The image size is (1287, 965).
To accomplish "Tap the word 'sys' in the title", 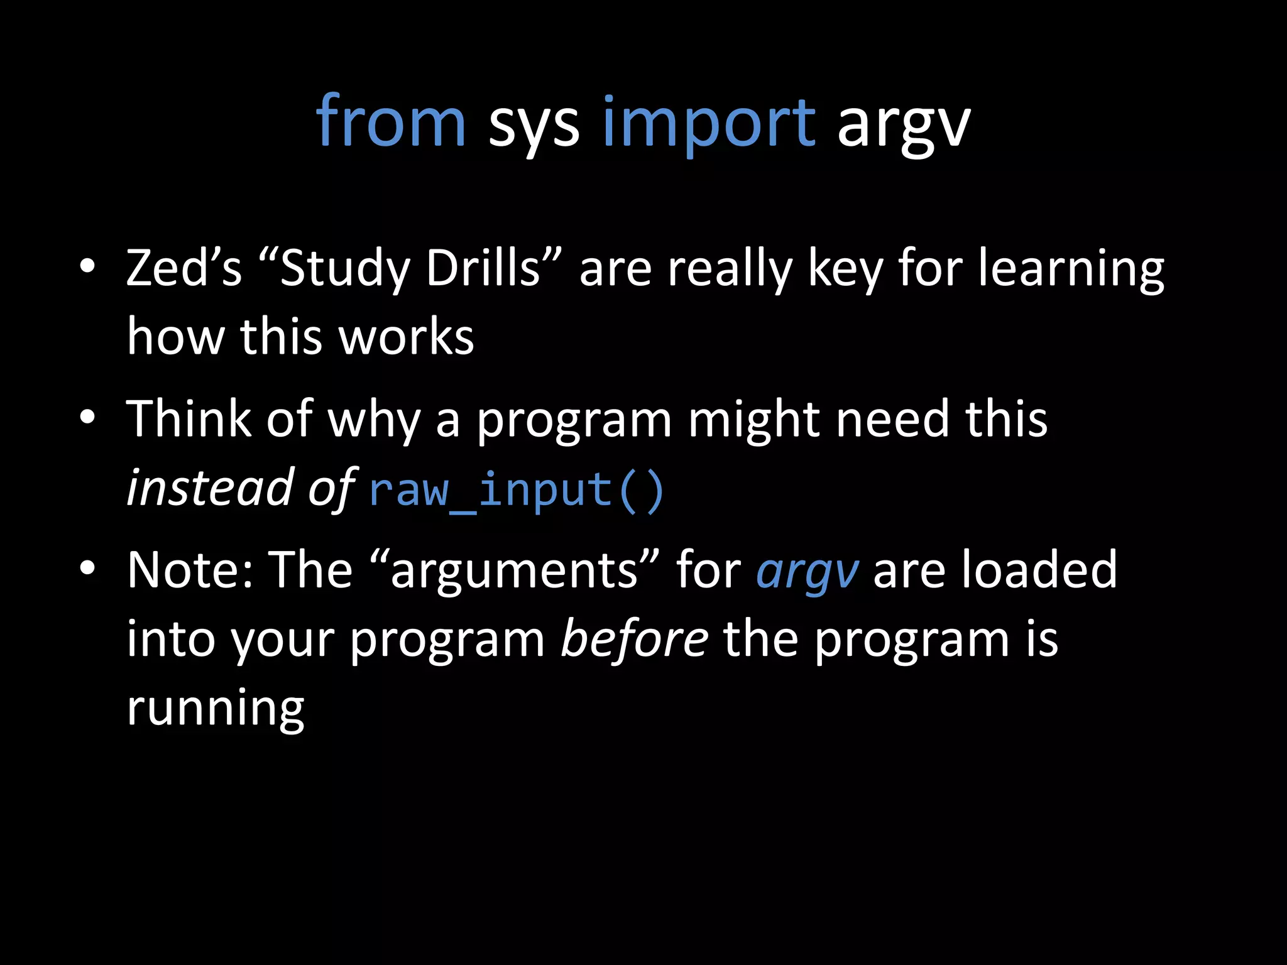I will coord(534,126).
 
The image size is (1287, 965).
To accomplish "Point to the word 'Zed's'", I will coord(183,268).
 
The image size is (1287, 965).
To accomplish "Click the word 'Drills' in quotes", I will coord(483,268).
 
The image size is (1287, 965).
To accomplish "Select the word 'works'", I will coord(406,337).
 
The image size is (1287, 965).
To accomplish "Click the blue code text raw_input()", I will coord(517,490).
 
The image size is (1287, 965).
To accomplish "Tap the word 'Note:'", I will coord(191,570).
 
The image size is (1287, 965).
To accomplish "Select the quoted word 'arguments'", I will coord(514,572).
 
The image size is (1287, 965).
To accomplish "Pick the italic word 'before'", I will coord(634,639).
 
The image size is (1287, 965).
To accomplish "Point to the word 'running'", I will coord(216,709).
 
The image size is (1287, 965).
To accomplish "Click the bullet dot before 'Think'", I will coord(87,417).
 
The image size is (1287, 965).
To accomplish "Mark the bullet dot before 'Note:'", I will coord(87,567).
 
